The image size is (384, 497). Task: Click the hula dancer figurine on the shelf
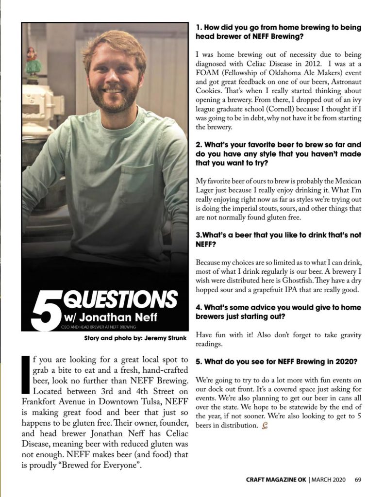point(32,61)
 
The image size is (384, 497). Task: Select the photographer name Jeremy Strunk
point(165,337)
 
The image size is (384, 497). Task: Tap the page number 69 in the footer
point(358,480)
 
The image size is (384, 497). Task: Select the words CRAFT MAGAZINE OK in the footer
point(275,480)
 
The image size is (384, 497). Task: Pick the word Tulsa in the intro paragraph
point(146,401)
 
